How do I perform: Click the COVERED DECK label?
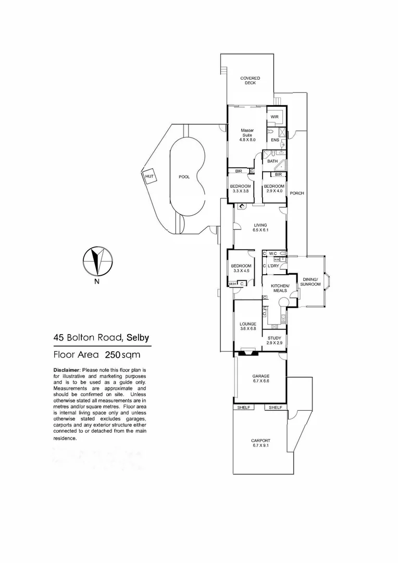[x=250, y=80]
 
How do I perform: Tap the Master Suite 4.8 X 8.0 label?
[x=246, y=135]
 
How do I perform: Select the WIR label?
[x=275, y=117]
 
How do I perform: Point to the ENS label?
[x=275, y=140]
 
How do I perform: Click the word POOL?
[x=184, y=177]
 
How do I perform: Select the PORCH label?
[x=297, y=193]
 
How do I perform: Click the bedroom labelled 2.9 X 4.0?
[x=273, y=189]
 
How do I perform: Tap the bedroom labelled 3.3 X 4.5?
[x=241, y=268]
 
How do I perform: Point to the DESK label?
[x=232, y=284]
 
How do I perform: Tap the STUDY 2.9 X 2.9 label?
[x=273, y=340]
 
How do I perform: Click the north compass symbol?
[x=97, y=261]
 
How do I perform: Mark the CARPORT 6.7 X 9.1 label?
[x=261, y=443]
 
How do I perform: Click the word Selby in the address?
[x=138, y=337]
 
